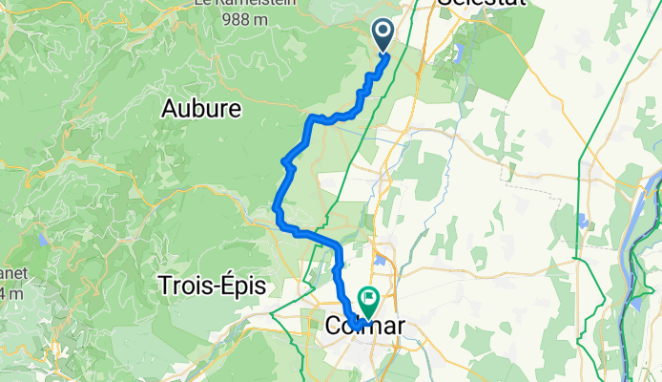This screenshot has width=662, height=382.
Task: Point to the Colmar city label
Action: coord(365,327)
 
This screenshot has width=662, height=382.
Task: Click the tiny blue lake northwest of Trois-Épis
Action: coord(44,237)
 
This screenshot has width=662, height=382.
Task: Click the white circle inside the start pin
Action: coord(383,32)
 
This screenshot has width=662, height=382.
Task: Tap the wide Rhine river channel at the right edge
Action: coord(639,239)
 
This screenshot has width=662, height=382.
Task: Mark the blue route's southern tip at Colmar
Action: coord(355,327)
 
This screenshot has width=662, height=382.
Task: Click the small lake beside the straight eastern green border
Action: coord(582,220)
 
